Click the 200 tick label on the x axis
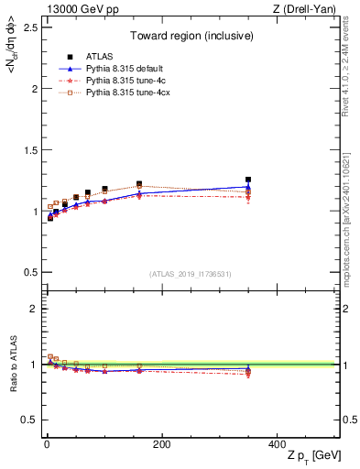pos(161,444)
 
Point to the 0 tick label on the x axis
pos(47,444)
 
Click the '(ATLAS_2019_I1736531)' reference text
pos(191,274)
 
